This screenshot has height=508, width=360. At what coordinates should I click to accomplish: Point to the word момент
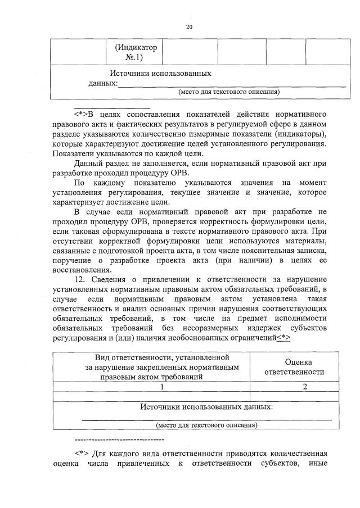312,183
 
